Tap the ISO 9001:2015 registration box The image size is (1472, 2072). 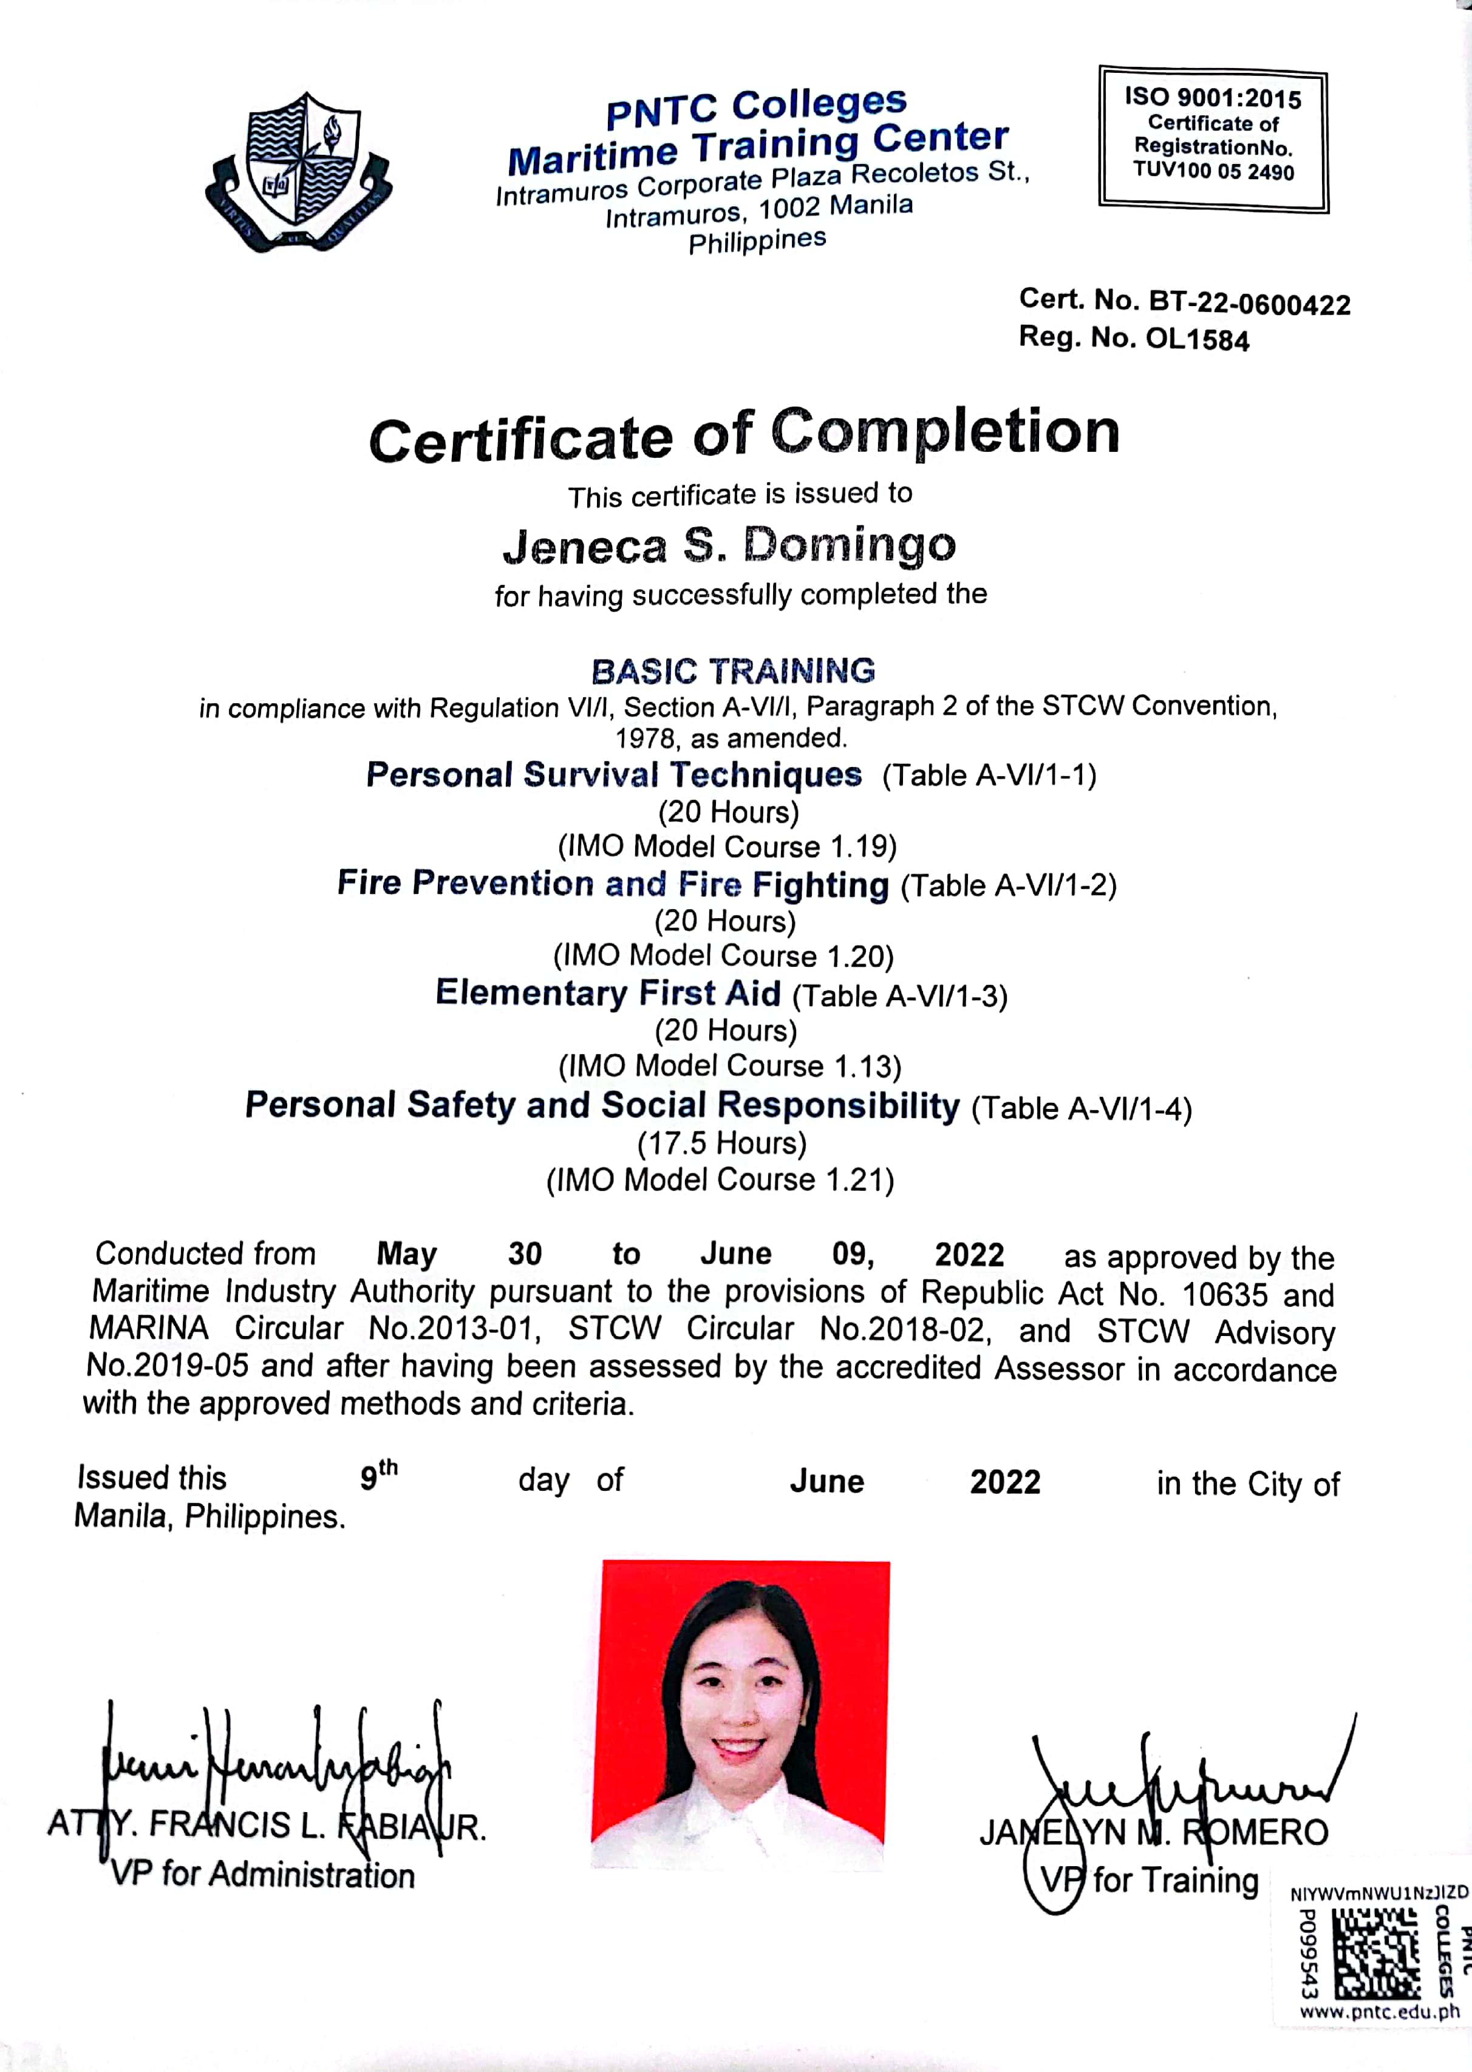(1213, 138)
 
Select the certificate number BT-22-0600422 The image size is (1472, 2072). (1249, 304)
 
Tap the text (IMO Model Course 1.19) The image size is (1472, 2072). (727, 847)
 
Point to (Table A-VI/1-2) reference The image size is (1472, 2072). (1008, 885)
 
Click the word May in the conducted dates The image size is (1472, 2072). (407, 1255)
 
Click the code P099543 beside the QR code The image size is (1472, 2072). (1307, 1953)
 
